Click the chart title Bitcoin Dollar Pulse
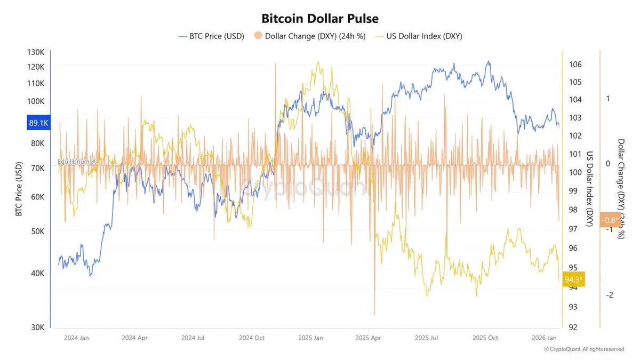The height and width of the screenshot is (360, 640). [x=320, y=18]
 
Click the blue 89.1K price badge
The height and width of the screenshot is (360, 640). [x=38, y=123]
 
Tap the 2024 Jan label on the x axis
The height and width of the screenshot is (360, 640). [x=76, y=338]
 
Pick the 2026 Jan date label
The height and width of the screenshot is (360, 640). [x=545, y=338]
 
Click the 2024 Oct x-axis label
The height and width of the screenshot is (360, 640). [x=252, y=338]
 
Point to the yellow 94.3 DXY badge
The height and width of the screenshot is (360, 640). [x=574, y=279]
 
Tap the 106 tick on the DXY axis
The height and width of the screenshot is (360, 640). [x=575, y=65]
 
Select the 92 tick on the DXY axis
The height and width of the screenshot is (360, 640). [x=573, y=327]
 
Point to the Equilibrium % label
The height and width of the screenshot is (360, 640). [x=77, y=161]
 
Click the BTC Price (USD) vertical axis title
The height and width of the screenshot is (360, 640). [x=19, y=190]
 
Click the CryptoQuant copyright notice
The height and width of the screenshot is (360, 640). [x=584, y=349]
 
